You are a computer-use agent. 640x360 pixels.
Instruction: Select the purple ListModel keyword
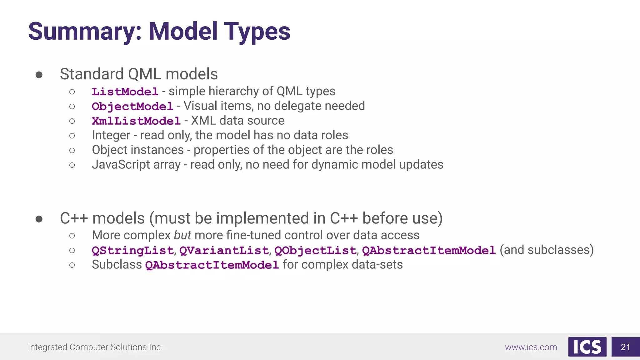125,92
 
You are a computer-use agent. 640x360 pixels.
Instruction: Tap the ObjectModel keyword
132,107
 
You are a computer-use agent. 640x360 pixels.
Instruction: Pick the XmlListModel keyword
136,121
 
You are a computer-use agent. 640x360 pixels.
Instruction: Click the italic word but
182,235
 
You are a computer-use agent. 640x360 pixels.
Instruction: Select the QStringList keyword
132,251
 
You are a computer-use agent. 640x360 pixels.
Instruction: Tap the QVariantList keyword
224,251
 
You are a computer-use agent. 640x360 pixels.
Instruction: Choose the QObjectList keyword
315,251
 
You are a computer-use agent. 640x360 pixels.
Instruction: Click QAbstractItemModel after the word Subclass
212,265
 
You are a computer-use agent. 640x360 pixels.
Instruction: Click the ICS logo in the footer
587,347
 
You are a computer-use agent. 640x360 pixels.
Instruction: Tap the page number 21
625,347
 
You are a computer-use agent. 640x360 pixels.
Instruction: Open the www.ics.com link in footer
531,347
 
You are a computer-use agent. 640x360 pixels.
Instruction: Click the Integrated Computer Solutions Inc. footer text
95,347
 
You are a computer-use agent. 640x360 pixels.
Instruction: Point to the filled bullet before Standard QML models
39,75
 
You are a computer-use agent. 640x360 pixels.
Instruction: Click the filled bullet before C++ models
39,219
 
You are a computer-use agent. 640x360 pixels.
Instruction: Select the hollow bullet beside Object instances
72,150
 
